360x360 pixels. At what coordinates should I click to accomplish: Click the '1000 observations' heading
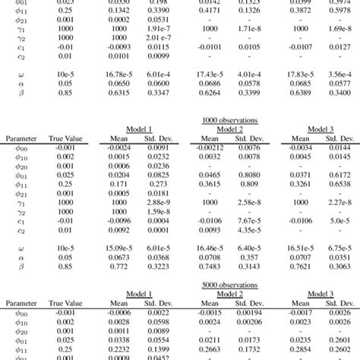[229, 120]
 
